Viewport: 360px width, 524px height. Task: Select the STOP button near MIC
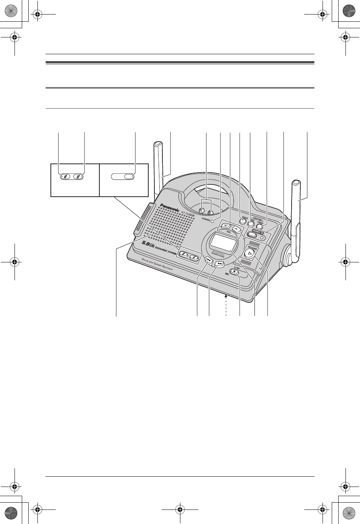coord(234,273)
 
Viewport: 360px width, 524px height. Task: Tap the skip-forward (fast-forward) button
coord(219,264)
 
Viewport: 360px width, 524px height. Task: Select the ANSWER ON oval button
coord(251,236)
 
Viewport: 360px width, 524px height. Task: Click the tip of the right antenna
coord(296,183)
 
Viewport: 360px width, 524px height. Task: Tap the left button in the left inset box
coord(66,176)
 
